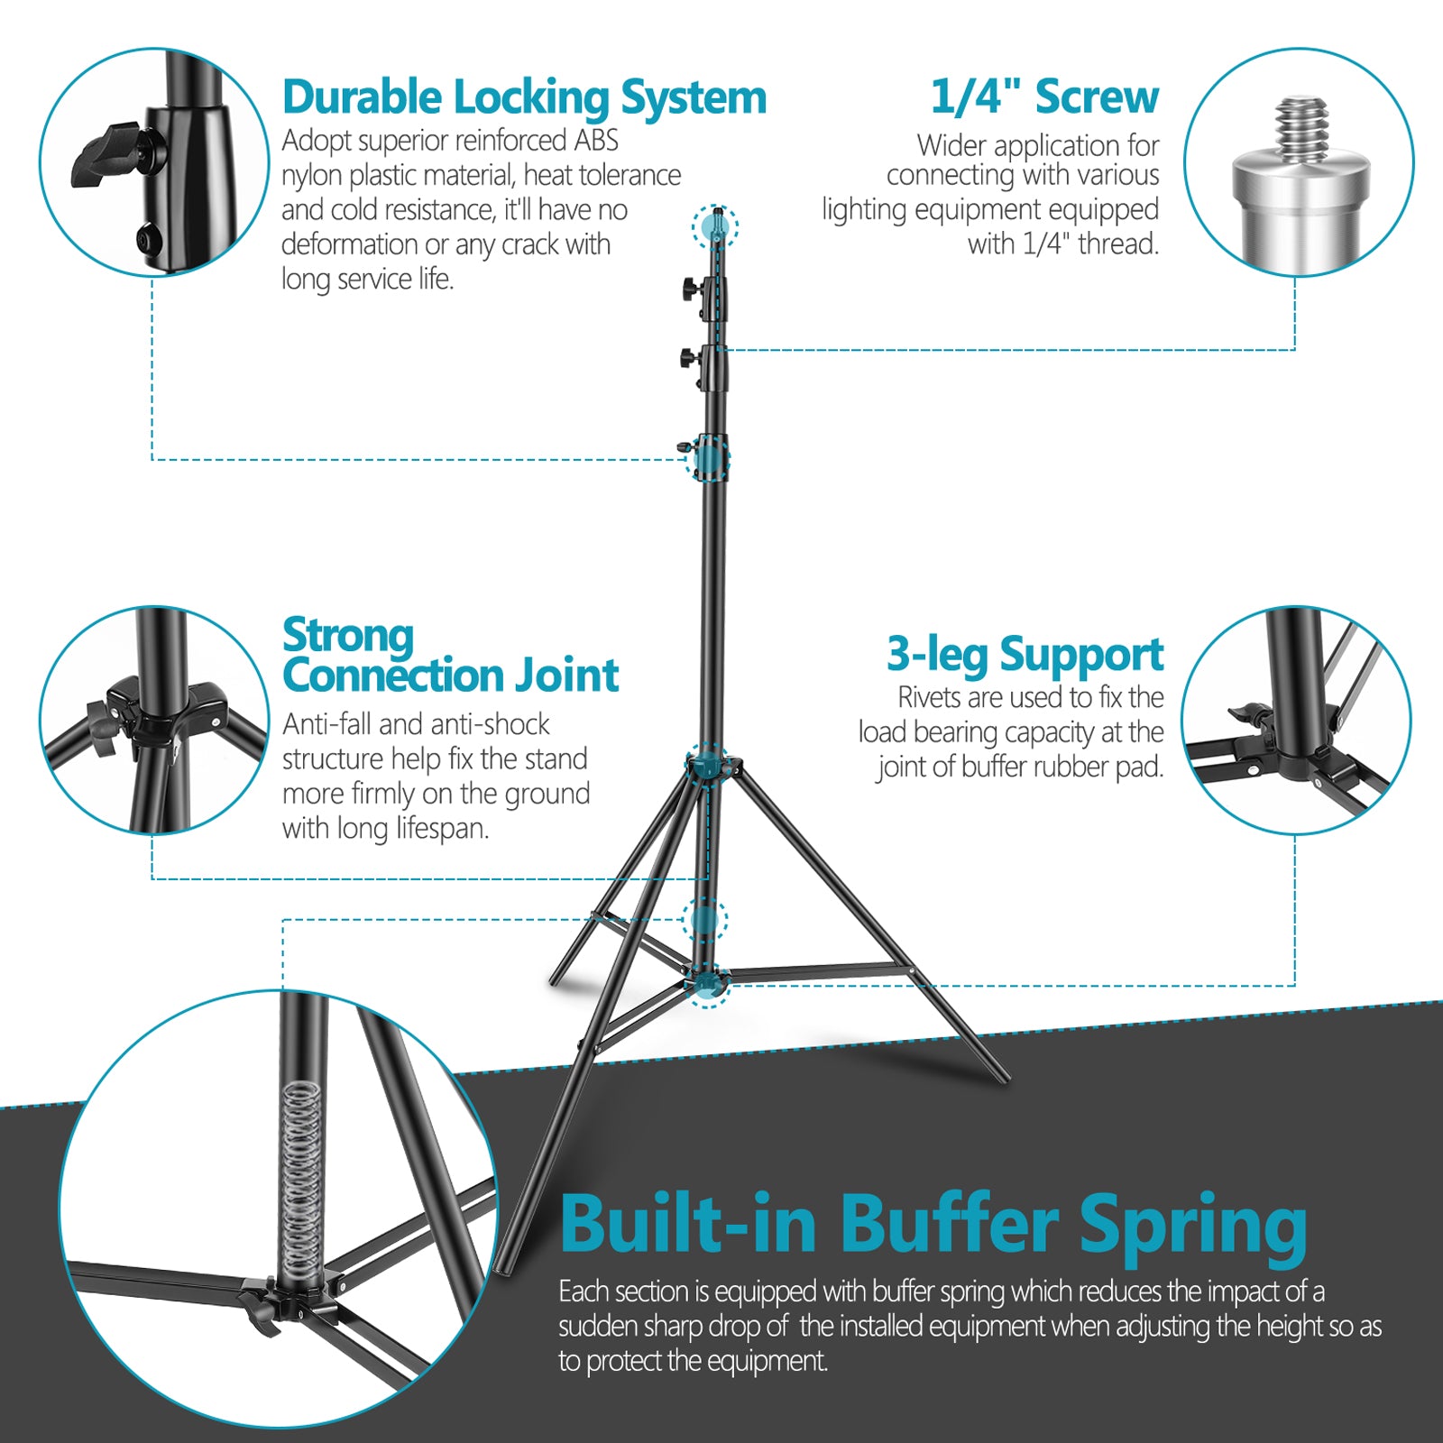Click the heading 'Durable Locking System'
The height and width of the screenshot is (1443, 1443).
pyautogui.click(x=524, y=98)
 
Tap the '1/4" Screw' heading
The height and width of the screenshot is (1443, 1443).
pyautogui.click(x=1044, y=97)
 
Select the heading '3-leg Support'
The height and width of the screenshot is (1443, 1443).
pyautogui.click(x=1025, y=655)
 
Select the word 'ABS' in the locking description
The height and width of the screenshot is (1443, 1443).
pyautogui.click(x=596, y=141)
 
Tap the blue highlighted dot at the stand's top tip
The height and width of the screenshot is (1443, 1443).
pyautogui.click(x=716, y=225)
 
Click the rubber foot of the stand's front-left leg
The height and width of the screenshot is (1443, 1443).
pyautogui.click(x=503, y=1267)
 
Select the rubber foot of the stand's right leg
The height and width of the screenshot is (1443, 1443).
pyautogui.click(x=1003, y=1075)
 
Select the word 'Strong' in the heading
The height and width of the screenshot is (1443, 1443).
pyautogui.click(x=348, y=635)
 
